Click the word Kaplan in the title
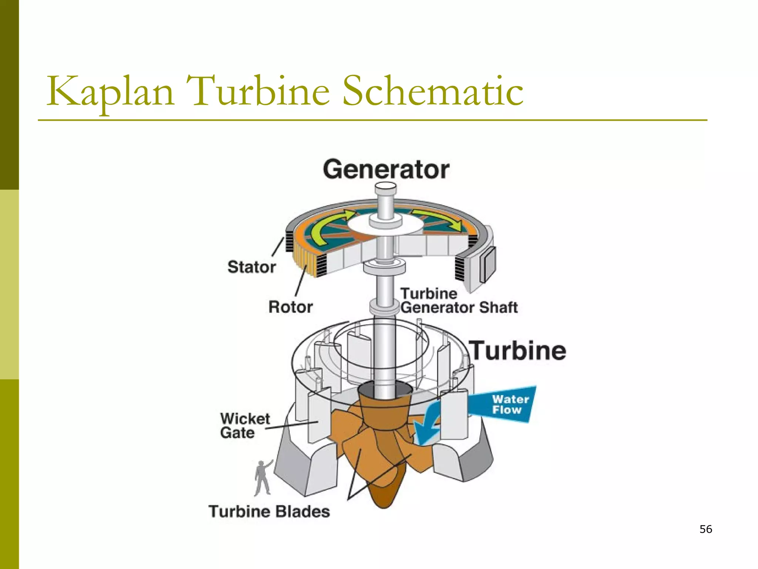click(110, 91)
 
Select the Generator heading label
click(386, 170)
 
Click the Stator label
click(252, 267)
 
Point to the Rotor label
click(291, 307)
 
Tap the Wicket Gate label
click(244, 426)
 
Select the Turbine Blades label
click(269, 512)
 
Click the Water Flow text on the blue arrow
click(510, 405)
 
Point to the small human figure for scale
click(263, 478)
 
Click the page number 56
click(706, 529)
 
